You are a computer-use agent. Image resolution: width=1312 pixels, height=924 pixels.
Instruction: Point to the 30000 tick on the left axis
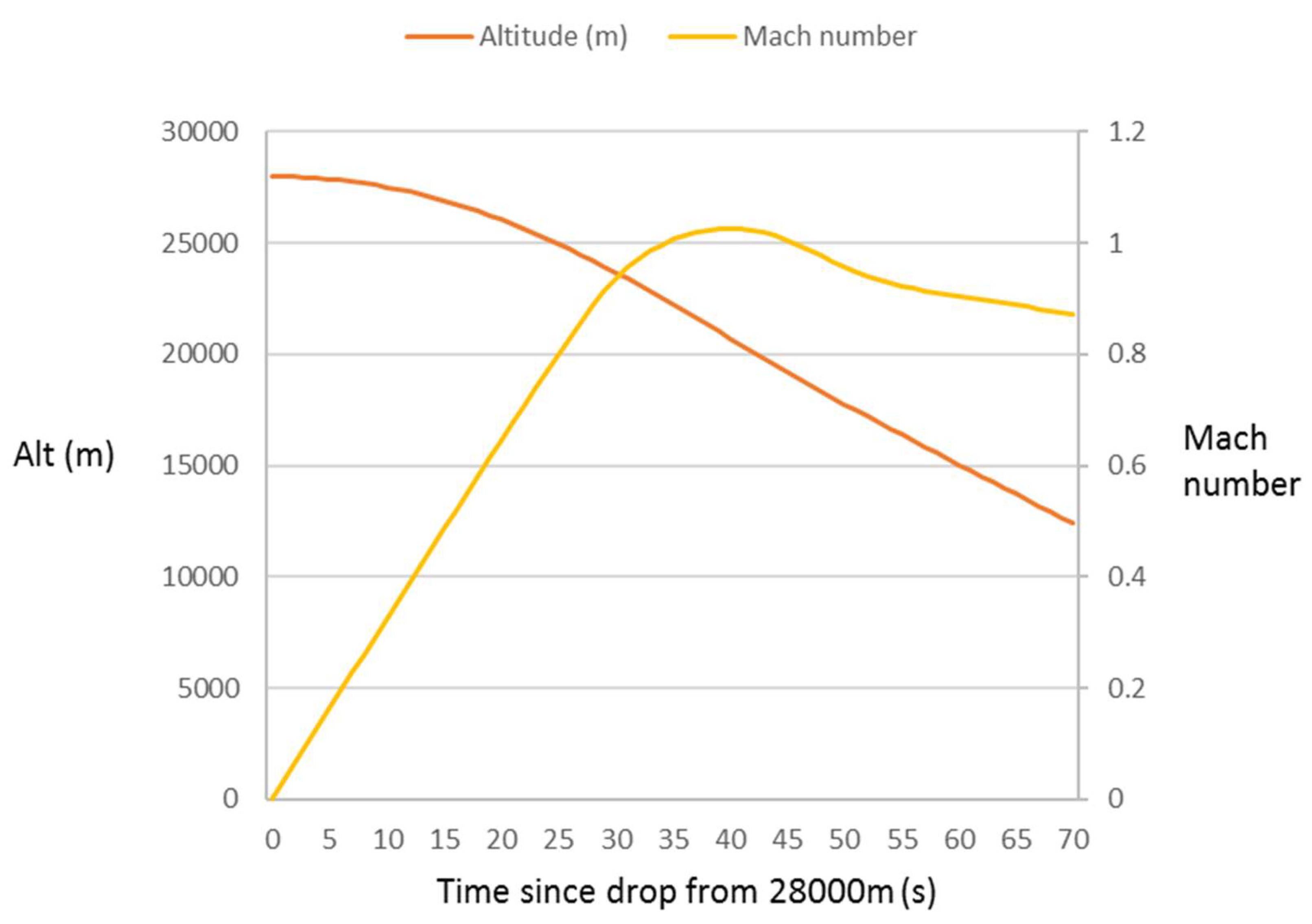199,132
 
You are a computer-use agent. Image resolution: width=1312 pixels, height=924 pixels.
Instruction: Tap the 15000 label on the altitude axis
199,466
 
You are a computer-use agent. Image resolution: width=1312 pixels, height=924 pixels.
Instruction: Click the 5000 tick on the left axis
208,689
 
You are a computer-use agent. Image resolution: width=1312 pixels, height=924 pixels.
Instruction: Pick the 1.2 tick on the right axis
1127,132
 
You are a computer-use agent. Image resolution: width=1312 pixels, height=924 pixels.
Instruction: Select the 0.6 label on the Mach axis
1127,466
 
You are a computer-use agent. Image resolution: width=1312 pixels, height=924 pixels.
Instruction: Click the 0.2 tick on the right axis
1127,689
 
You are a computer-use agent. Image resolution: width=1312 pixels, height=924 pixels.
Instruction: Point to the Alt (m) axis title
64,455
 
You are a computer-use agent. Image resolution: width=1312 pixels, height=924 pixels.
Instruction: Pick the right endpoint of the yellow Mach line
1073,314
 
